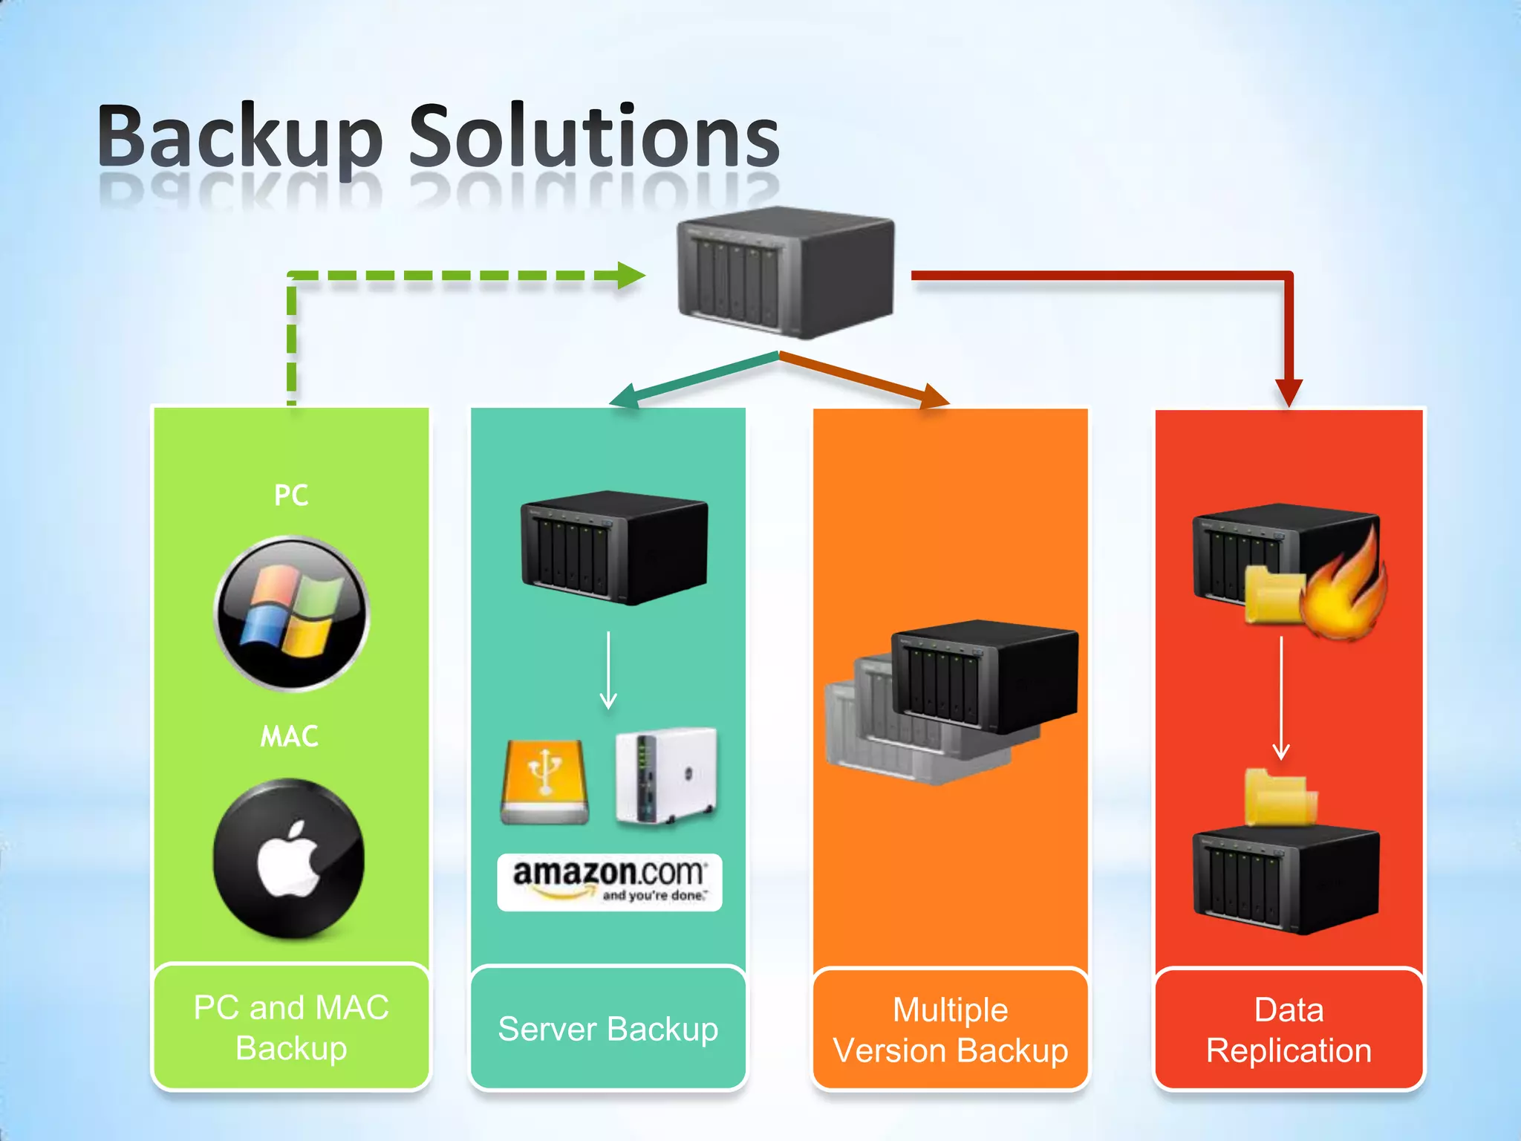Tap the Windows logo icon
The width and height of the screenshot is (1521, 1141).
pos(292,614)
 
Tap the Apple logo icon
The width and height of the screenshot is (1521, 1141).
pos(288,859)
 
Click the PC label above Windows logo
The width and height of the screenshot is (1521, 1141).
pos(290,495)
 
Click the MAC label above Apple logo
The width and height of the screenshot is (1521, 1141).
pos(289,737)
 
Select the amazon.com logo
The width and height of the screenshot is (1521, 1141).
pos(609,882)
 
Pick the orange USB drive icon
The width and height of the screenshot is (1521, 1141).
pos(545,781)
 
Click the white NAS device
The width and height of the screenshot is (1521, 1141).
pos(666,776)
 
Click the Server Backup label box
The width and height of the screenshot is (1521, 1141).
pos(608,1029)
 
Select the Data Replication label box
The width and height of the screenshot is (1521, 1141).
pos(1289,1030)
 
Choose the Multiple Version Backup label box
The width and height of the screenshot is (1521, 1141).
pos(950,1030)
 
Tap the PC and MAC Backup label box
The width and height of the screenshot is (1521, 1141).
pos(291,1028)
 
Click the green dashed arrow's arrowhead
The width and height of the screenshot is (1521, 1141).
pos(631,276)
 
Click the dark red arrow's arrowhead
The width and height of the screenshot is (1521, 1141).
pos(1289,391)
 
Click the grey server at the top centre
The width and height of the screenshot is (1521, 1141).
pos(786,272)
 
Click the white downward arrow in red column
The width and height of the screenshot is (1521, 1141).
pos(1281,698)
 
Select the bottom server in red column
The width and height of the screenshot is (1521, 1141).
pos(1285,880)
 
